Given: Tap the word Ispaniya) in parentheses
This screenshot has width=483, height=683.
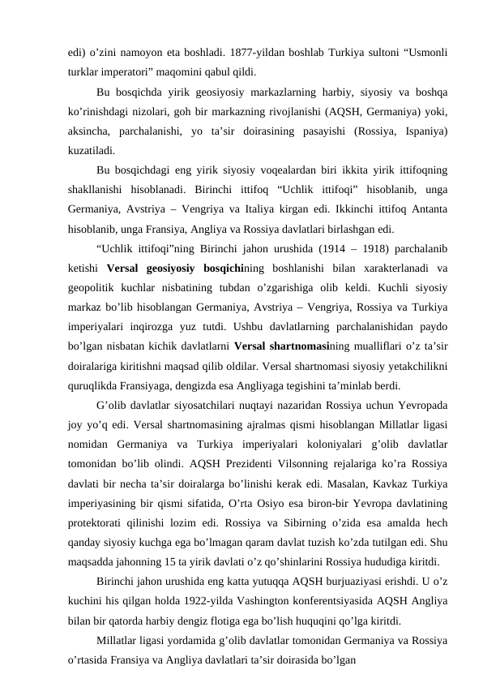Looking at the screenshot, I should pos(426,131).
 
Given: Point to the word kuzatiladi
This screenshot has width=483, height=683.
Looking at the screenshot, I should pos(91,150).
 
